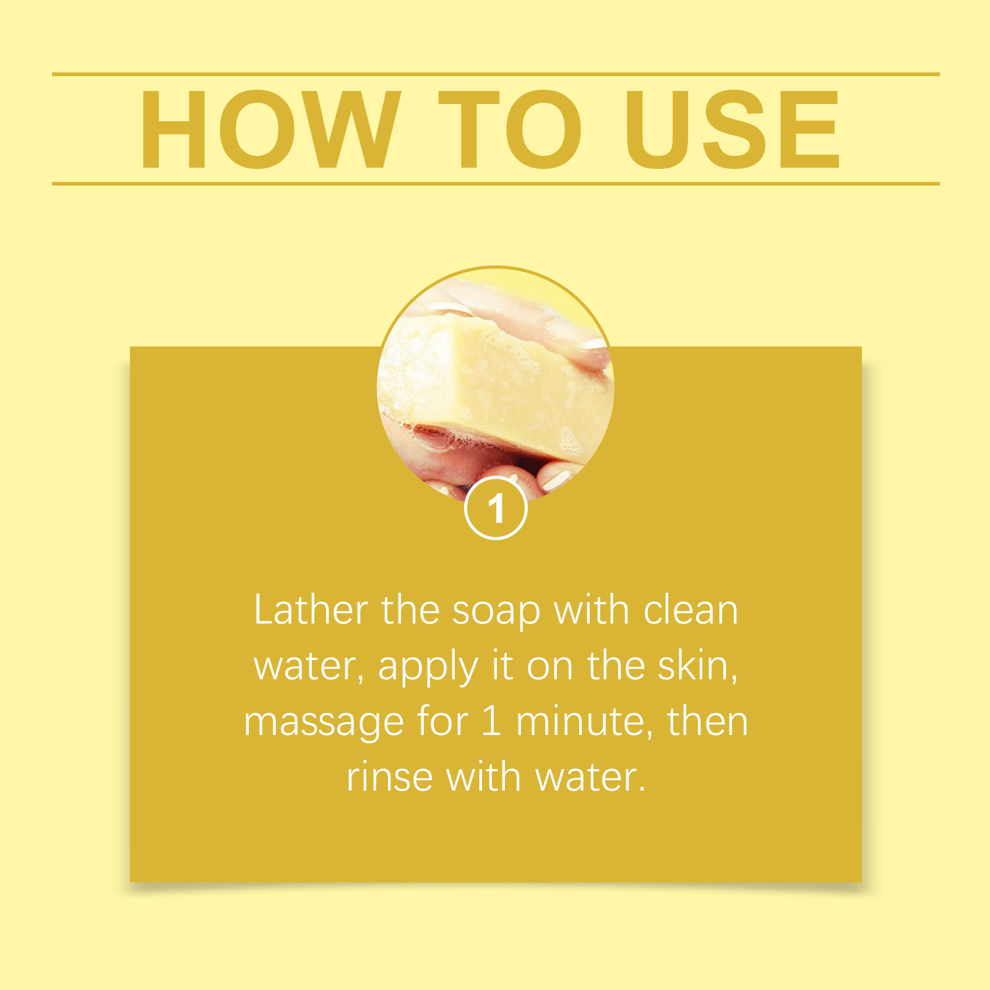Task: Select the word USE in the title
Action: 733,129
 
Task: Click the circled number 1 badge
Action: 496,509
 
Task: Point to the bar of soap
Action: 489,384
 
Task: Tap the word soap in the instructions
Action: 496,611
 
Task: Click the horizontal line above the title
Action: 495,74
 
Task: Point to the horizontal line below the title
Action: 495,184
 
